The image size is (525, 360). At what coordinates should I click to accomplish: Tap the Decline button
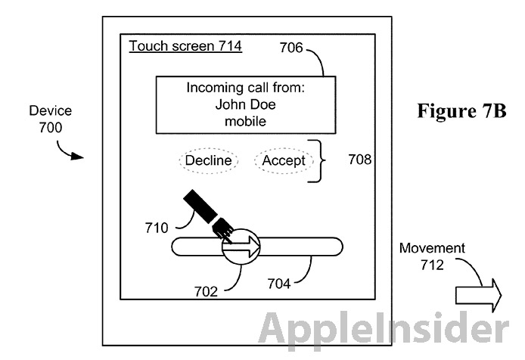point(209,160)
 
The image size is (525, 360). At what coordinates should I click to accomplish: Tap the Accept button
point(284,160)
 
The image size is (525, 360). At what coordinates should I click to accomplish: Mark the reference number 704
point(280,284)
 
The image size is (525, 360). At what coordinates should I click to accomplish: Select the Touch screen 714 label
point(185,47)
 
